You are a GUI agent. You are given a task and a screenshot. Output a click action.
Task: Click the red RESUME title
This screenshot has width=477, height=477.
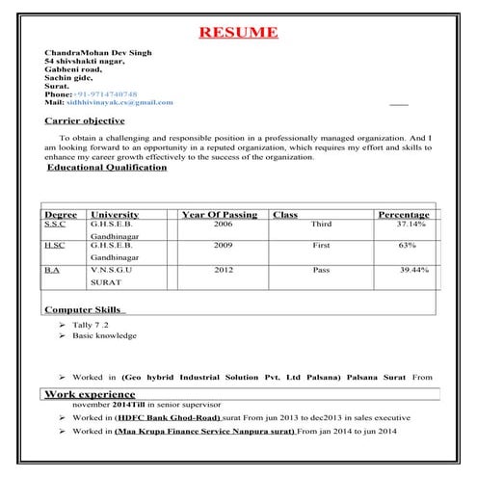pyautogui.click(x=238, y=33)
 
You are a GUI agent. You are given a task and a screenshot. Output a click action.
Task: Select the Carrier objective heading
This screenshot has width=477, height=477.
pyautogui.click(x=85, y=121)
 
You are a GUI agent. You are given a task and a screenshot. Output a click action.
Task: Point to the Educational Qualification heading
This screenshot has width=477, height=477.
pyautogui.click(x=107, y=168)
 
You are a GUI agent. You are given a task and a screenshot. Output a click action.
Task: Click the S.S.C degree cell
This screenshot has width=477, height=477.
pyautogui.click(x=55, y=224)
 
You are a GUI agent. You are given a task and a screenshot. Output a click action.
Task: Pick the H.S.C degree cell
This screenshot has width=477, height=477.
pyautogui.click(x=55, y=247)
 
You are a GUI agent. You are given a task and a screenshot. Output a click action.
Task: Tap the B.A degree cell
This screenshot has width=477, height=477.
pyautogui.click(x=52, y=271)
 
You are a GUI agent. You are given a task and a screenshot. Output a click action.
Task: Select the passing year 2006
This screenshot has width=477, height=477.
pyautogui.click(x=224, y=224)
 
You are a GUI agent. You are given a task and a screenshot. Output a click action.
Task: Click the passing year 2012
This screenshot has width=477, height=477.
pyautogui.click(x=224, y=271)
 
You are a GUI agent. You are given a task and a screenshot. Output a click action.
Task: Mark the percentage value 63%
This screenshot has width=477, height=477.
pyautogui.click(x=407, y=247)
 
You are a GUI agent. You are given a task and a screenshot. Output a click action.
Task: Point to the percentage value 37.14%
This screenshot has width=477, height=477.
pyautogui.click(x=412, y=224)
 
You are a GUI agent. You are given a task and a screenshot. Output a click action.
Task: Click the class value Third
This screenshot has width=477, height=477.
pyautogui.click(x=321, y=224)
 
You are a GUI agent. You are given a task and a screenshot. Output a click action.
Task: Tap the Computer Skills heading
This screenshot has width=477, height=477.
pyautogui.click(x=83, y=309)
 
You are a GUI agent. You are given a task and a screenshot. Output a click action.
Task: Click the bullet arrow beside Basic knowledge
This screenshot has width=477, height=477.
pyautogui.click(x=63, y=336)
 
